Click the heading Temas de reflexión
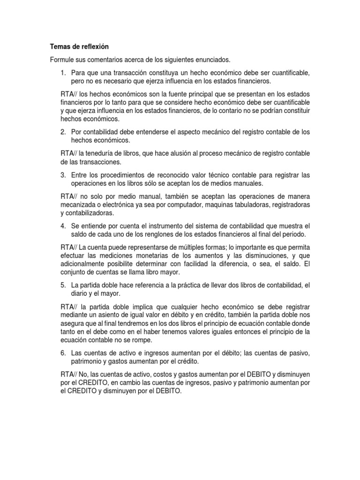(x=79, y=47)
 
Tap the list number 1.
(x=63, y=73)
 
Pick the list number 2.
(x=63, y=132)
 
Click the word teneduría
(x=104, y=153)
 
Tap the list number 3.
(x=63, y=175)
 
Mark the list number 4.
(x=63, y=225)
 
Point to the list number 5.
(x=63, y=285)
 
